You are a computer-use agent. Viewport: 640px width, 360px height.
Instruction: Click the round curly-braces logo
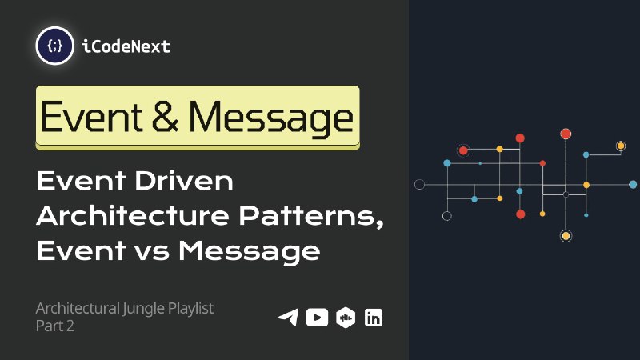54,46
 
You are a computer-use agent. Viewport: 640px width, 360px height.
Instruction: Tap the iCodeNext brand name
126,46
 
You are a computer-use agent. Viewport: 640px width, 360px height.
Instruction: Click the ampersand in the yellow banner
165,116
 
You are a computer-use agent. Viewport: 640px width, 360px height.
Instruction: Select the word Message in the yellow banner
270,118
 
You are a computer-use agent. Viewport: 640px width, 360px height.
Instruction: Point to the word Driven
184,181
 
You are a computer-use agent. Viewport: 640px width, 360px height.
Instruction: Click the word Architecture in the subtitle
133,215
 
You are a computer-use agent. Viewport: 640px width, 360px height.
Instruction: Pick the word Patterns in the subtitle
311,216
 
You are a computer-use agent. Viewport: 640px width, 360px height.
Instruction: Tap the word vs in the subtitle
151,252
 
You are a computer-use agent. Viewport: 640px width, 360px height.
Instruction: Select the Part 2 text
54,326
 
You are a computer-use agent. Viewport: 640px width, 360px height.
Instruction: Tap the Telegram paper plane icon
289,318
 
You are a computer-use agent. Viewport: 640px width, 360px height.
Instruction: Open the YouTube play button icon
317,318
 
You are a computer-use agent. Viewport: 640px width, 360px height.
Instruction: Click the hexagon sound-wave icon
346,318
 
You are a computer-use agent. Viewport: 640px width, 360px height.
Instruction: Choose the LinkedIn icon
374,318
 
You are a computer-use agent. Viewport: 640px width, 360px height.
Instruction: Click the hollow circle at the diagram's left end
419,185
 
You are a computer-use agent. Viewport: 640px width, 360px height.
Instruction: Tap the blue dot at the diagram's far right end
633,185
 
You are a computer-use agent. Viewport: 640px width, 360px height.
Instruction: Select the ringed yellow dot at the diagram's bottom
566,235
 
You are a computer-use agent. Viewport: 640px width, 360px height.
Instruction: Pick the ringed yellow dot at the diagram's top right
621,146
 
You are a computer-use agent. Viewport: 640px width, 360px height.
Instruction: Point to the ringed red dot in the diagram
463,150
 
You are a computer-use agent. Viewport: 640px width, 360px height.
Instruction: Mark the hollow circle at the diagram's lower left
447,216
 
